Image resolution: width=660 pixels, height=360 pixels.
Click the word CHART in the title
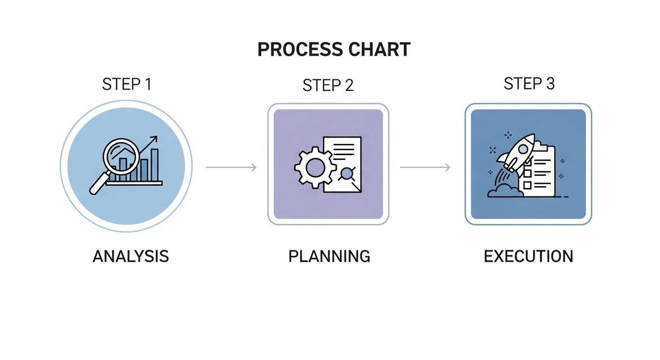point(380,49)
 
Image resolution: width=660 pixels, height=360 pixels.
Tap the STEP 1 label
point(127,84)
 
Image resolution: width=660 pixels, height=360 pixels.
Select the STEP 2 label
point(328,86)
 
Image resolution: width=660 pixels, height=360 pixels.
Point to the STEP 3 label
point(529,84)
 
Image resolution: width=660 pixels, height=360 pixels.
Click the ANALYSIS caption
point(131,256)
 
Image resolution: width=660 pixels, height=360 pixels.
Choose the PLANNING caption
point(329,256)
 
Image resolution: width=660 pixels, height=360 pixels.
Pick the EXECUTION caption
point(529,256)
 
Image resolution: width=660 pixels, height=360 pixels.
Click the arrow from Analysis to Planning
point(231,167)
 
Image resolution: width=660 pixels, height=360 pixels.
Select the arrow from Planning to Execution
point(425,167)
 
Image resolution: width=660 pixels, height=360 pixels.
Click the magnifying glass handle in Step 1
point(100,184)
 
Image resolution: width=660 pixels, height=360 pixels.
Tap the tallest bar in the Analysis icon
point(155,165)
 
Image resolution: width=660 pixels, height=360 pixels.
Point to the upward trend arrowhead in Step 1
point(154,139)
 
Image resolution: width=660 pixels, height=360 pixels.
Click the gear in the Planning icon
point(315,168)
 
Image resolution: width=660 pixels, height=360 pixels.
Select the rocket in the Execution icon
point(517,152)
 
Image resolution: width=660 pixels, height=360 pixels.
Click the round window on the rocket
point(523,149)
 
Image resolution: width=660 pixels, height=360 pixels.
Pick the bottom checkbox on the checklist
point(527,185)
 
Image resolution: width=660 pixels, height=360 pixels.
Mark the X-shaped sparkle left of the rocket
point(492,150)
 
